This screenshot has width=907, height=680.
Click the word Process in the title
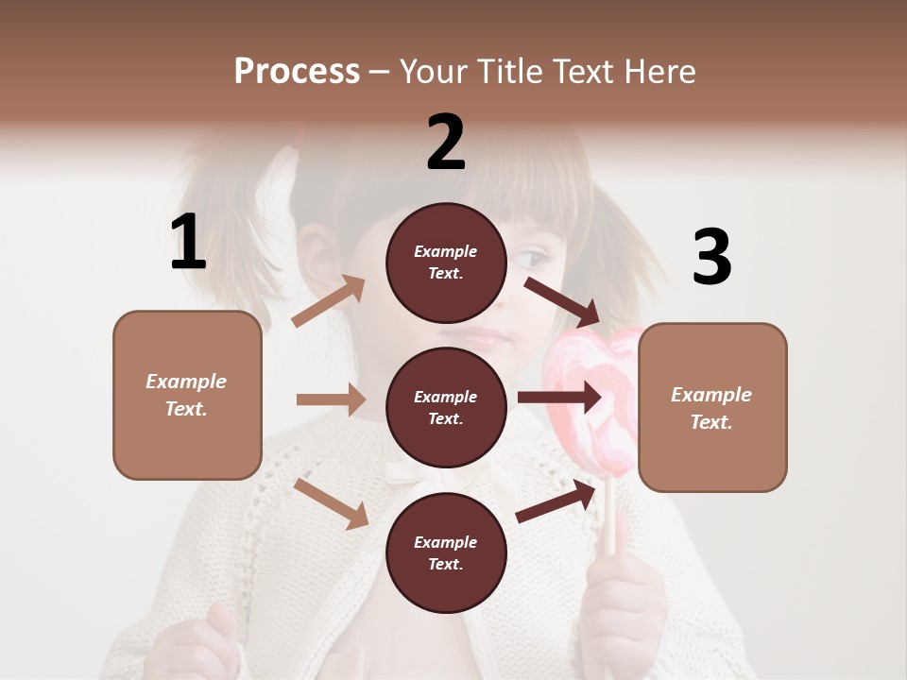(297, 72)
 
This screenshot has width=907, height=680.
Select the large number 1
(188, 243)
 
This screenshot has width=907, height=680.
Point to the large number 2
(446, 143)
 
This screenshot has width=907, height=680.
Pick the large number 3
(711, 258)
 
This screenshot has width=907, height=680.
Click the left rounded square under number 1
(187, 395)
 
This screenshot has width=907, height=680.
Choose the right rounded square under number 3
(712, 408)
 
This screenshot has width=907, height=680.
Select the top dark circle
(446, 263)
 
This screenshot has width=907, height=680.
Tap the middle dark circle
(446, 408)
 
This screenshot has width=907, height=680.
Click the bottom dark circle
(446, 553)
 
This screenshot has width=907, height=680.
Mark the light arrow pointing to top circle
(329, 301)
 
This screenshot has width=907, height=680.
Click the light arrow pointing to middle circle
(331, 399)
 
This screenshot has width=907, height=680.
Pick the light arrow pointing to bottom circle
(331, 503)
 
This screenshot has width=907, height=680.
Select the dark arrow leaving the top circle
(561, 301)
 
